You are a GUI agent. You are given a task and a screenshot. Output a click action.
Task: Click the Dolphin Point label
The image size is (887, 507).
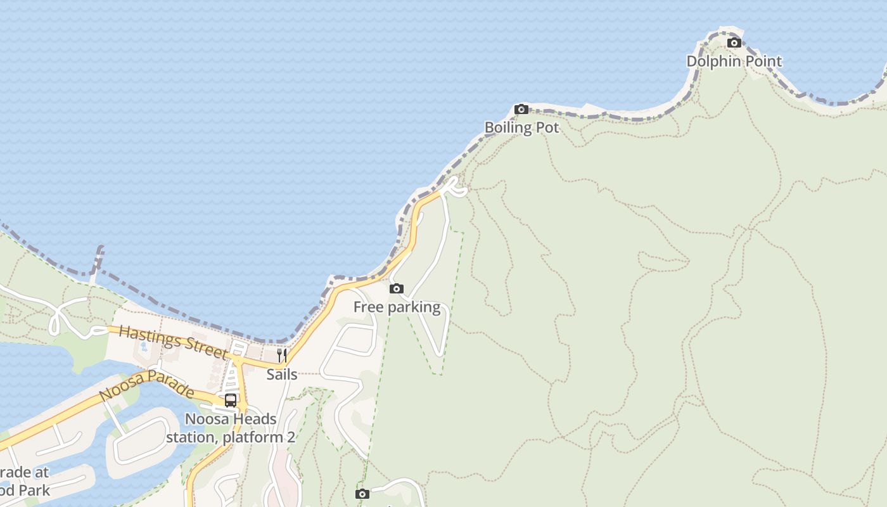click(734, 61)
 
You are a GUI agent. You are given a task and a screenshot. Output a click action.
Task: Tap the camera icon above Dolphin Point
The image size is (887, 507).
click(734, 43)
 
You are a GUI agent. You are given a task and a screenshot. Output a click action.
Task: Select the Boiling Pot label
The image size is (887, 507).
click(521, 127)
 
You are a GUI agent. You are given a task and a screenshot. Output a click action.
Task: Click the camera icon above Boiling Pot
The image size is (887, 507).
click(521, 110)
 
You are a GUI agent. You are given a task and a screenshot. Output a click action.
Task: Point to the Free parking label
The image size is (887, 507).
click(397, 307)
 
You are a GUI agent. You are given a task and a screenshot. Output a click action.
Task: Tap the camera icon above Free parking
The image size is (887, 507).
click(397, 289)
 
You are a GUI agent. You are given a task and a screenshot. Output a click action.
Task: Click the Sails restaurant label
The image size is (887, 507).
click(282, 374)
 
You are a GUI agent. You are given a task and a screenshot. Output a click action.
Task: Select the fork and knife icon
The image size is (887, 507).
click(282, 355)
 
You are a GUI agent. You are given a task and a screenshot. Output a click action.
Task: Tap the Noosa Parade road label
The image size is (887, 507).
click(146, 385)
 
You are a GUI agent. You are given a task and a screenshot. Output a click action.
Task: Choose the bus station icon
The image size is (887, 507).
click(231, 401)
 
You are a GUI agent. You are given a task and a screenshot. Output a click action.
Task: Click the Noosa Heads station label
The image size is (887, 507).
click(231, 428)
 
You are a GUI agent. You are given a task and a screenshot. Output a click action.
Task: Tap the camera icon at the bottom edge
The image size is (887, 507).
click(362, 494)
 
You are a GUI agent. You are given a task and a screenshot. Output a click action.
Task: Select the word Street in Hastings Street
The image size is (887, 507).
click(203, 348)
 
